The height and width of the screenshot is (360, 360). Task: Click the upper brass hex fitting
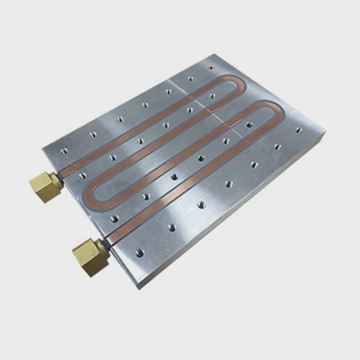coord(45,185)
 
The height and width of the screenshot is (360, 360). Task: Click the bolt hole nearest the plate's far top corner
coord(211,66)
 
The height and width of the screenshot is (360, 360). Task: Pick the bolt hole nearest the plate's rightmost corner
coord(298,130)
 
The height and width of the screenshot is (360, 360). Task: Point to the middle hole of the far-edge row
coord(144,105)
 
